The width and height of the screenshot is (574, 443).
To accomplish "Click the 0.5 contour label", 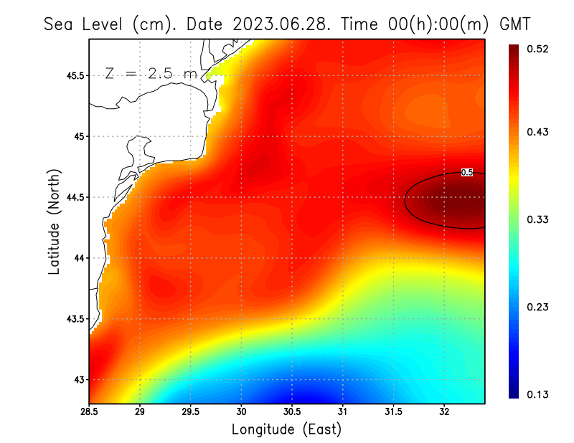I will pyautogui.click(x=466, y=173).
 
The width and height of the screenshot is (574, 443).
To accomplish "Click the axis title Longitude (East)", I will pyautogui.click(x=286, y=429).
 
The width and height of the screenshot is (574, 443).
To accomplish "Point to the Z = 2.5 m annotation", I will pyautogui.click(x=151, y=73).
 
